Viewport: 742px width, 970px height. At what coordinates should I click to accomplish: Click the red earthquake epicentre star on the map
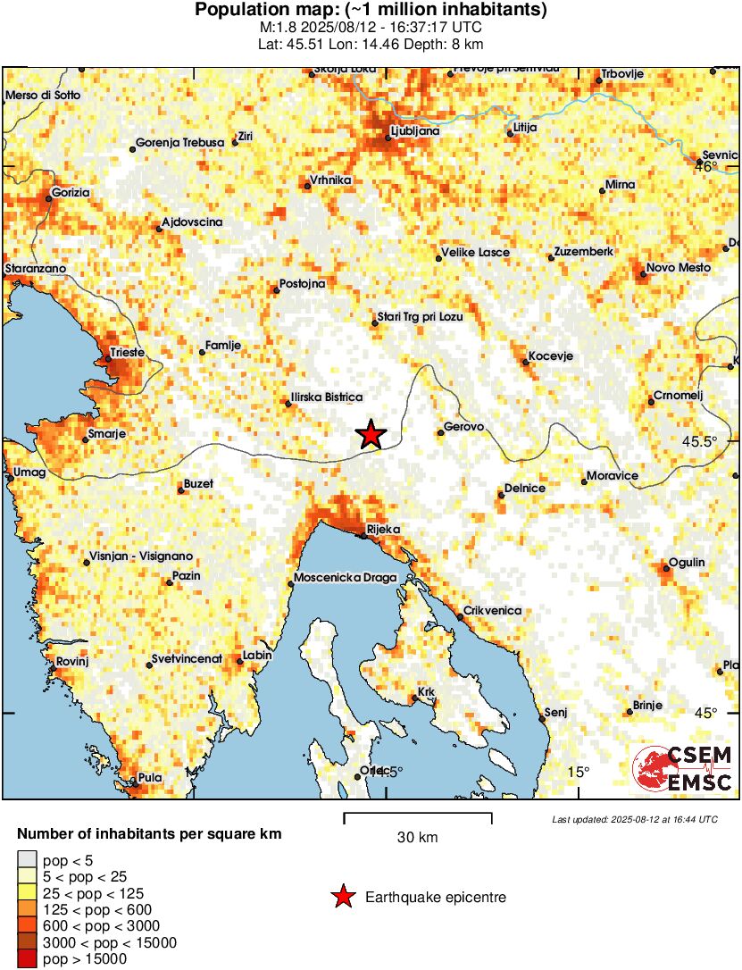point(371,434)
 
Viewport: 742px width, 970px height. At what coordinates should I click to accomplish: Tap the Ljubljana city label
point(415,132)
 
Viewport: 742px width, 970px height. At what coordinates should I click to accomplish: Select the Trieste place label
point(126,354)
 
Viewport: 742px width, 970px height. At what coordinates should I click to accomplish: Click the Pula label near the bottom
point(150,778)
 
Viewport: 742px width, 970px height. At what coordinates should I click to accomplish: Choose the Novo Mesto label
point(678,268)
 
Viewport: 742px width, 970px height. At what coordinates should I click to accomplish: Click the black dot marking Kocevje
point(525,362)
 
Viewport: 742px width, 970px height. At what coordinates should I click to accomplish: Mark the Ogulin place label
point(688,562)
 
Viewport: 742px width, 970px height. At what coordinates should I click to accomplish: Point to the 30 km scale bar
point(417,815)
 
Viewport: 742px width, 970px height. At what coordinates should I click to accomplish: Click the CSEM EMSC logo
point(682,769)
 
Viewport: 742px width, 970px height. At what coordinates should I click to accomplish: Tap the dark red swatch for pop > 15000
point(27,958)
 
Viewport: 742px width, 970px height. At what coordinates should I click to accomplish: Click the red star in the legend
point(343,897)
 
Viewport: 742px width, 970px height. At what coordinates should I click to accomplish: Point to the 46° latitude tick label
point(707,166)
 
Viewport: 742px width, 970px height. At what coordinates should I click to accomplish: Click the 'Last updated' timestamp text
point(634,819)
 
